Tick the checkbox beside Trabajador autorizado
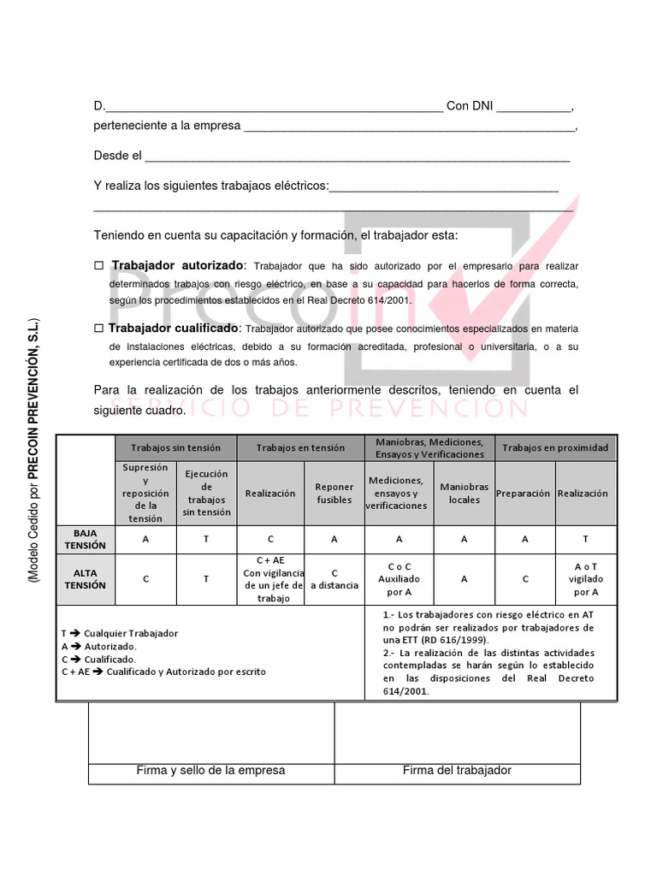point(98,266)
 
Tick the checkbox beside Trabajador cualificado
point(98,328)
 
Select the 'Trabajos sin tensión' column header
point(175,447)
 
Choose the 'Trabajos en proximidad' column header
point(555,447)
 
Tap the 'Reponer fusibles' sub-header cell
point(334,494)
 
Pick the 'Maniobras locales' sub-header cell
point(465,493)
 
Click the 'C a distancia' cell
point(334,579)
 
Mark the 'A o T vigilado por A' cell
point(586,579)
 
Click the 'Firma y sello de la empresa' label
point(210,770)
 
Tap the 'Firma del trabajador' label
point(457,770)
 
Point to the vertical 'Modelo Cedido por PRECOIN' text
point(33,452)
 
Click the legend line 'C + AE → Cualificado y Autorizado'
point(163,672)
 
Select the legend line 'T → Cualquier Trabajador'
point(120,633)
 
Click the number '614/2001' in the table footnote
point(405,691)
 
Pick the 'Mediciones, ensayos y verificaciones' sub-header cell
point(399,494)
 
